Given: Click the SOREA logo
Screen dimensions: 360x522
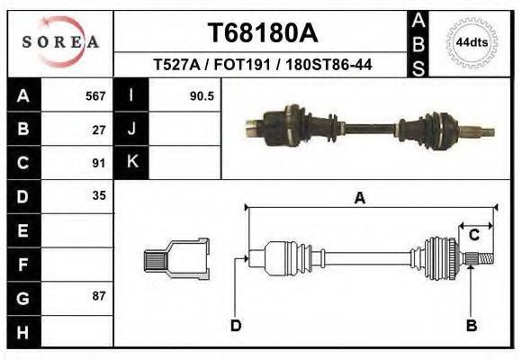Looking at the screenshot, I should (x=59, y=41).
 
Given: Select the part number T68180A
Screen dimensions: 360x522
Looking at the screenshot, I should (x=263, y=33).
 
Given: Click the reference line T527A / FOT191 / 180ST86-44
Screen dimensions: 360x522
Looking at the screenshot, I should (x=264, y=65).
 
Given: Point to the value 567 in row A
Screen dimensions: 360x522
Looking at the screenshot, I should (x=95, y=95).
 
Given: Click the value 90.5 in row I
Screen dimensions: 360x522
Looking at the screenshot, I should (x=201, y=95).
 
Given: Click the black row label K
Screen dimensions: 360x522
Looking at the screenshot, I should (x=131, y=162).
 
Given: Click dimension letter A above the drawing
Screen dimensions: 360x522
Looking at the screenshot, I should (x=360, y=199).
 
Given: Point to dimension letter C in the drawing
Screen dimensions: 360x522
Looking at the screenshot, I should (x=473, y=236).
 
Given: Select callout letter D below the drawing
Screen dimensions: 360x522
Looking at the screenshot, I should (x=236, y=325).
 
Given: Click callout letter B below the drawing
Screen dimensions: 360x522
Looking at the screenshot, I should (x=471, y=325).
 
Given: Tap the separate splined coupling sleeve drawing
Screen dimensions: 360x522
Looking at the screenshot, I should (x=176, y=259).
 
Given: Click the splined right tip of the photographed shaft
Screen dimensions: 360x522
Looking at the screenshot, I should (x=486, y=132).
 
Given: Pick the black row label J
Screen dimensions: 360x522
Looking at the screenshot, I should (x=131, y=129).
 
